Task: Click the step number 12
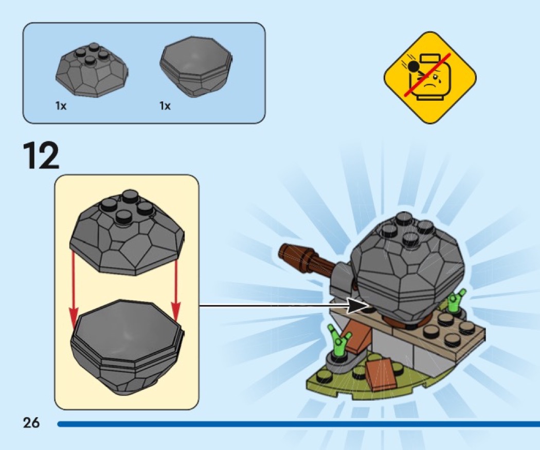tap(41, 156)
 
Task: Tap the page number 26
tap(31, 422)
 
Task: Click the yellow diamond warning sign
tap(430, 78)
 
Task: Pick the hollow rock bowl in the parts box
tap(196, 67)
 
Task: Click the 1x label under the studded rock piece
tap(61, 106)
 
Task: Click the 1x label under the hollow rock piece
tap(165, 106)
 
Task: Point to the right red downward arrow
tap(176, 288)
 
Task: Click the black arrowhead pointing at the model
tap(356, 305)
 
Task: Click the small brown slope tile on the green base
tap(381, 373)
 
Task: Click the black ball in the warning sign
tap(413, 66)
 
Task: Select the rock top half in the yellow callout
tap(127, 232)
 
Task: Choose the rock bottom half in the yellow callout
tap(128, 346)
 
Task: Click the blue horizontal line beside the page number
tap(299, 424)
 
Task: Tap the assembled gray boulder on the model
tap(406, 268)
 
